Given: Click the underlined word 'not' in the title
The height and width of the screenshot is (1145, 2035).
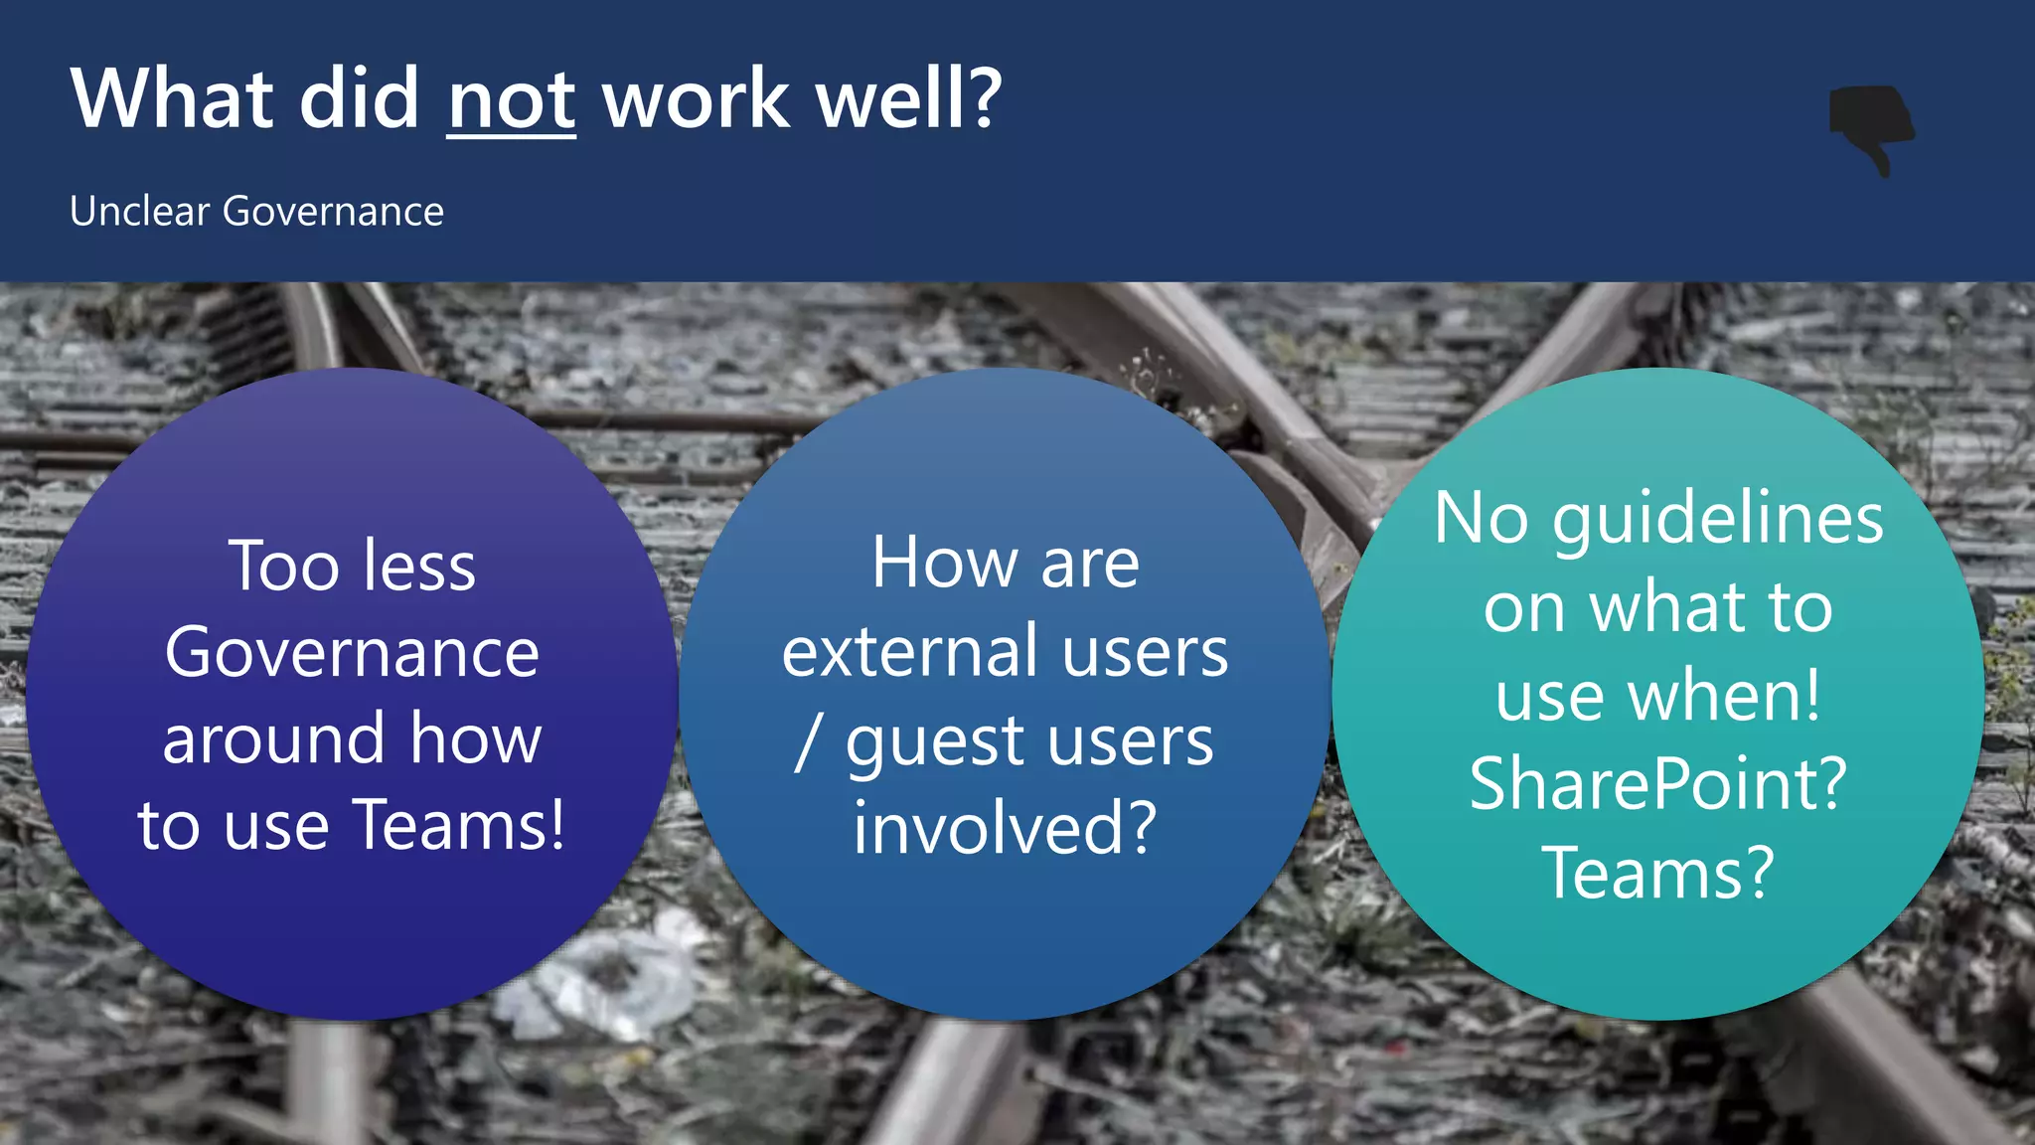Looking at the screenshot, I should point(511,100).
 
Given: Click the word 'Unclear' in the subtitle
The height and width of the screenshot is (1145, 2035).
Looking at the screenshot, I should point(139,212).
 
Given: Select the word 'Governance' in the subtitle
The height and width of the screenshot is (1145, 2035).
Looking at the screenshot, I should point(333,212).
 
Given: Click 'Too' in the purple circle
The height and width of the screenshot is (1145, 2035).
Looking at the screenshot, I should point(284,567).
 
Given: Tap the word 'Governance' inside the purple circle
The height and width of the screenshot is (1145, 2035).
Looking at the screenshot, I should point(352,653).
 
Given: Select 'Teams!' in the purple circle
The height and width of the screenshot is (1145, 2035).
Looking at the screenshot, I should point(458,825).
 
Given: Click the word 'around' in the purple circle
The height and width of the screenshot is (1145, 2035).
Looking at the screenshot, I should point(273,739).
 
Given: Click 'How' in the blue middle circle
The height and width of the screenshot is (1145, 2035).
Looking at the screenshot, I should point(944,564).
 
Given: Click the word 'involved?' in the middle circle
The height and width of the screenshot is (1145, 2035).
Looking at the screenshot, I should point(1005,828).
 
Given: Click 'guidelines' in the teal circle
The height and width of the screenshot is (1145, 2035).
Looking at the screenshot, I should point(1717,520).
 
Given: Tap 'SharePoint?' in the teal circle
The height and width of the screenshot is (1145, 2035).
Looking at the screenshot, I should point(1657,784).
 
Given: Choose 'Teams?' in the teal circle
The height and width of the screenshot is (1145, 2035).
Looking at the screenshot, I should point(1657,873).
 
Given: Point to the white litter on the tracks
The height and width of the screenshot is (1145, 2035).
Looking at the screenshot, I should point(606,984).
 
